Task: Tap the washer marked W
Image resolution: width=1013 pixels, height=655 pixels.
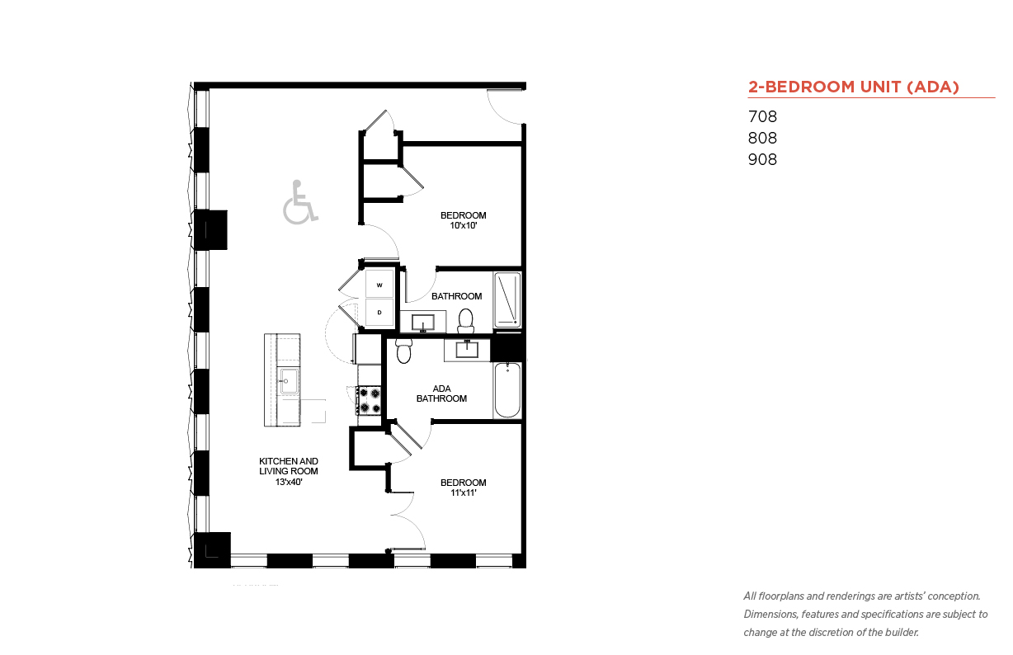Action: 379,283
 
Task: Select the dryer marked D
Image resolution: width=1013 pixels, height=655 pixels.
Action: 379,312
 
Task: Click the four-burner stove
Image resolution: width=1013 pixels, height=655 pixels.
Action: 369,400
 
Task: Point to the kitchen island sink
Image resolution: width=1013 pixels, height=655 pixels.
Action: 289,381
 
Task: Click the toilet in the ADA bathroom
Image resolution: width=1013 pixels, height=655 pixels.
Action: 404,351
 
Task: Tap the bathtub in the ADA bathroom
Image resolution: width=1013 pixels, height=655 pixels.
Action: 507,390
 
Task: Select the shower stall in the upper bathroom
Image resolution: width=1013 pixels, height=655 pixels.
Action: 507,299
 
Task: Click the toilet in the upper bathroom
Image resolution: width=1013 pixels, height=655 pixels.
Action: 465,321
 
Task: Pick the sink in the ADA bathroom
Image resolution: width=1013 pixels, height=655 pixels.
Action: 467,350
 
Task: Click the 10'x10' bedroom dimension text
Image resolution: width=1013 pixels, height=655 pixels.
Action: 464,226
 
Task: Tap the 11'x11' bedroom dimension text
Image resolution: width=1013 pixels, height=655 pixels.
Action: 464,493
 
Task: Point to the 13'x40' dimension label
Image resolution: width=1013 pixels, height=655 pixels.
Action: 289,483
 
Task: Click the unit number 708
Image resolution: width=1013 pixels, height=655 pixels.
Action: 762,116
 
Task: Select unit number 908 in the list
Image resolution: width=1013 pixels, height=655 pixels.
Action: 762,160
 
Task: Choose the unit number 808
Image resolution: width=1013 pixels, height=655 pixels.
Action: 762,138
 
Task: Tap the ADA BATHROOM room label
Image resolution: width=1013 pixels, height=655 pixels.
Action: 442,393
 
